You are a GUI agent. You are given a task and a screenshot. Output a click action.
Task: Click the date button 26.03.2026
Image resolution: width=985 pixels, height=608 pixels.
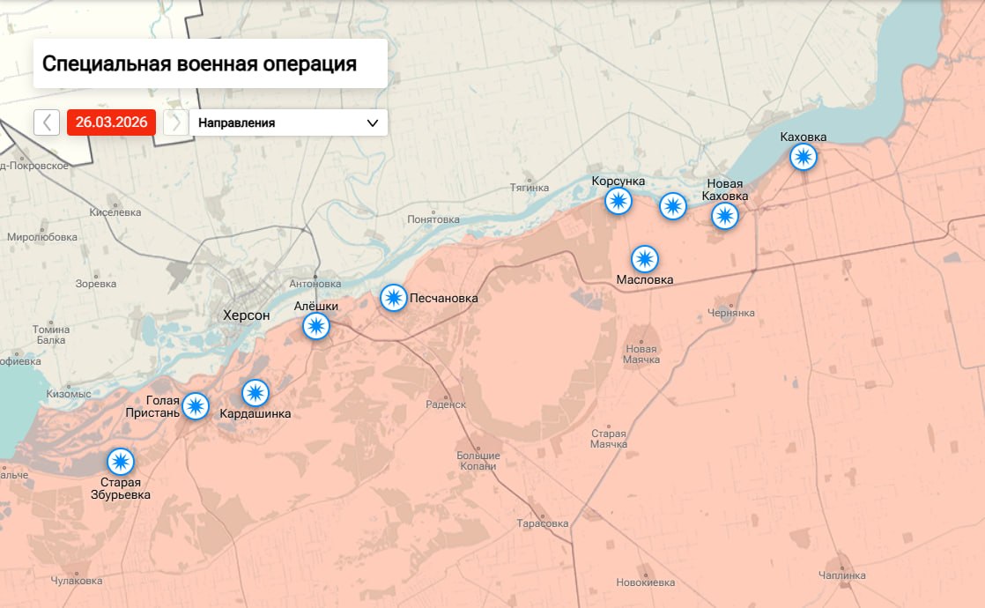coord(111,122)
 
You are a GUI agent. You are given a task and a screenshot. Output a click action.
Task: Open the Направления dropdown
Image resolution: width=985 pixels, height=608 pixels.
coord(288,122)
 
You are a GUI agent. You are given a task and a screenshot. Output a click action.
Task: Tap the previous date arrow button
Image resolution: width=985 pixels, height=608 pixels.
coord(47,122)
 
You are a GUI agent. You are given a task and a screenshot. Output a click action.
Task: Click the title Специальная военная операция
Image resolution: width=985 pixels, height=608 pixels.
coord(199,63)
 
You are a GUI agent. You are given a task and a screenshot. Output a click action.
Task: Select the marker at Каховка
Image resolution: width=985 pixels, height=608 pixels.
coord(803,157)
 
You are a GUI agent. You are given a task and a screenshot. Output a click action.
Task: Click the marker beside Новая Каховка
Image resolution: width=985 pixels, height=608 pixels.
coord(724,216)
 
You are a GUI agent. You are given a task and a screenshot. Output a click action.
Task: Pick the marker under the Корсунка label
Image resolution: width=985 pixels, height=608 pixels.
coord(618,201)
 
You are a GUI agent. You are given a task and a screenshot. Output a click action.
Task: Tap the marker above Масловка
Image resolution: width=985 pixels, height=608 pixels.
coord(645,259)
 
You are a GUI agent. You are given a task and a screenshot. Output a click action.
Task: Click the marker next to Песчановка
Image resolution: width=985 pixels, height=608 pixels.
coord(393,298)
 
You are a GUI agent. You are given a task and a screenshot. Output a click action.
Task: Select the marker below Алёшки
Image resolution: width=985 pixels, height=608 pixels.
coord(315,327)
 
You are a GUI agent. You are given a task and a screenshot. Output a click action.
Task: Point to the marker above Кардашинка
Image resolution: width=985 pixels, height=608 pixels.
coord(256,392)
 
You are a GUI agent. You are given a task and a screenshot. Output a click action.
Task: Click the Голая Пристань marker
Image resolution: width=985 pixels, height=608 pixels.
coord(195,406)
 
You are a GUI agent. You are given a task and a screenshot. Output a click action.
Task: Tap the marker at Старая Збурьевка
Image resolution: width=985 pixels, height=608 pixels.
coord(120,461)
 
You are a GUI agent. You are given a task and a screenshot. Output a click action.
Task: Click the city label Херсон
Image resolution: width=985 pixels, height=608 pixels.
coord(247,315)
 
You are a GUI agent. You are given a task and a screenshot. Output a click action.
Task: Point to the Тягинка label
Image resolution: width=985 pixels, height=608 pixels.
coord(530,188)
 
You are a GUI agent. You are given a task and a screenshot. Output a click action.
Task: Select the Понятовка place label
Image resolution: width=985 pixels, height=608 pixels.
coord(433,219)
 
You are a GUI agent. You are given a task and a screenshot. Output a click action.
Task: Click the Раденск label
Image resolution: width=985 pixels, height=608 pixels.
coord(445,404)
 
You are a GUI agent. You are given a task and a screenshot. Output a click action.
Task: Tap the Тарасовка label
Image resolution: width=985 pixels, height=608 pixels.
coord(543,523)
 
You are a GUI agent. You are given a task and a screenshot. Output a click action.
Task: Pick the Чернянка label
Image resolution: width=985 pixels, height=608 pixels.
coord(731,313)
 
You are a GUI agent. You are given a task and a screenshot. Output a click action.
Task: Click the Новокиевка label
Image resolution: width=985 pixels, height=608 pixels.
coord(646,582)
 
